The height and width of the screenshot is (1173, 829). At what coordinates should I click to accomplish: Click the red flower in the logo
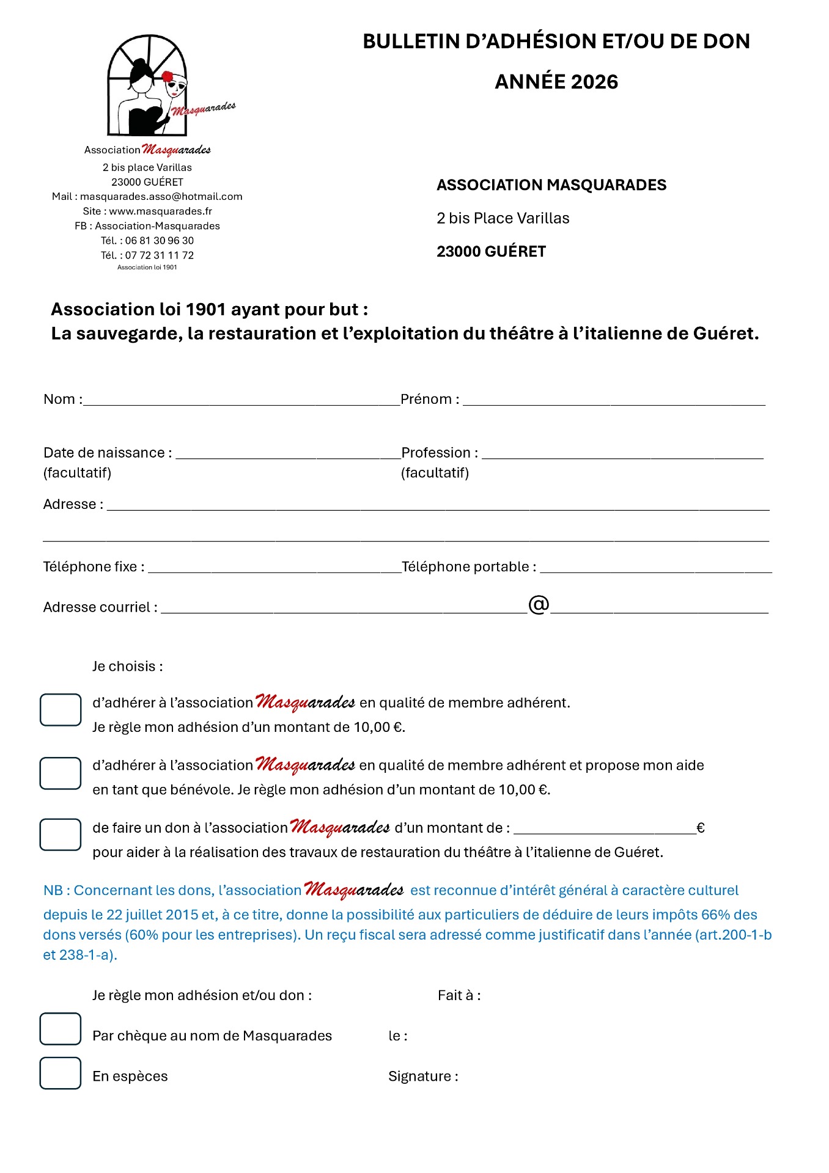167,77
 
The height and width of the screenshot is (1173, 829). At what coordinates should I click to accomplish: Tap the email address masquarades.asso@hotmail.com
161,197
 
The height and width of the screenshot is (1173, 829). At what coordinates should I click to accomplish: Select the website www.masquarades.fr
161,211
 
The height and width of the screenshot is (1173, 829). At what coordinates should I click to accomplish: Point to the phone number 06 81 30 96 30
160,241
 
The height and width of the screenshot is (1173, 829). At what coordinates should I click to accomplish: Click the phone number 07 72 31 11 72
160,255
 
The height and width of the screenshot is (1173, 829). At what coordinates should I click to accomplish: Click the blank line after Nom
241,401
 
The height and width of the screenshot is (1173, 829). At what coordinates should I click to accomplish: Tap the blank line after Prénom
614,401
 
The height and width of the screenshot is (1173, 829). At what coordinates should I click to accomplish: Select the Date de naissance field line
287,455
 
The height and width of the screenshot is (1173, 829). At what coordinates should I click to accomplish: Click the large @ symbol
539,605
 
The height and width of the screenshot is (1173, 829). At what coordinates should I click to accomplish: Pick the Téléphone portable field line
655,569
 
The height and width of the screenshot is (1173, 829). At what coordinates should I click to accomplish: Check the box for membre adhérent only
61,710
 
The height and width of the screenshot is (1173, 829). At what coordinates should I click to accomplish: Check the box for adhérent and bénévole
61,773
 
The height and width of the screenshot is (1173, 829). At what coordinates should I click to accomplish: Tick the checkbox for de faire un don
61,835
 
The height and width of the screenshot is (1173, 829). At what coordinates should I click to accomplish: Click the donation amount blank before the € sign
605,830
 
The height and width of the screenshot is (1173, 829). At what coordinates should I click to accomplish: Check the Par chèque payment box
61,1029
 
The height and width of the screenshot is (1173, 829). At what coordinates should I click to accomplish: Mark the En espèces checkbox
61,1073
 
